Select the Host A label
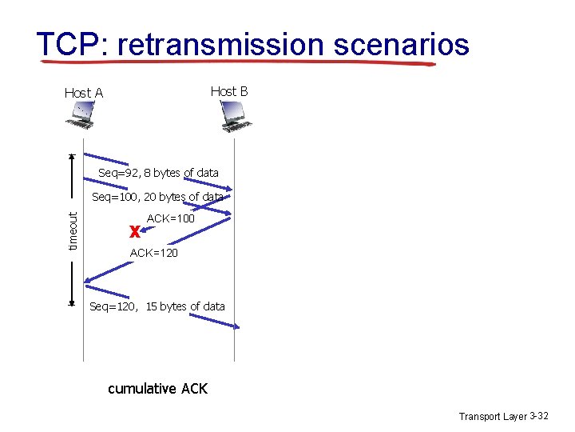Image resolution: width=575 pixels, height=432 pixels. pyautogui.click(x=84, y=93)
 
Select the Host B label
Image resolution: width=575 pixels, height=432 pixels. pyautogui.click(x=229, y=91)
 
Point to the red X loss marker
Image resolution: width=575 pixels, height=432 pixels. pyautogui.click(x=135, y=232)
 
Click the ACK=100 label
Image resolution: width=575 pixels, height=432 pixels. pyautogui.click(x=171, y=218)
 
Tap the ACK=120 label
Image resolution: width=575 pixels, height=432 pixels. pyautogui.click(x=153, y=253)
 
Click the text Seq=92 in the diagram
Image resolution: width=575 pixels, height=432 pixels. pyautogui.click(x=114, y=173)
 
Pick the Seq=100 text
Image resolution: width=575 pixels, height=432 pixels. pyautogui.click(x=111, y=197)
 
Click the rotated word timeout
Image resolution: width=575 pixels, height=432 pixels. pyautogui.click(x=73, y=230)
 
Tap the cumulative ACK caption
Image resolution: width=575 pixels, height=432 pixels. pyautogui.click(x=157, y=389)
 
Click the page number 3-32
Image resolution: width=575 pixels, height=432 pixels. pyautogui.click(x=539, y=416)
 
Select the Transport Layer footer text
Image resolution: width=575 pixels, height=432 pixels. pyautogui.click(x=493, y=416)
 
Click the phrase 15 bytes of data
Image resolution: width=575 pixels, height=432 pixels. pyautogui.click(x=185, y=306)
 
